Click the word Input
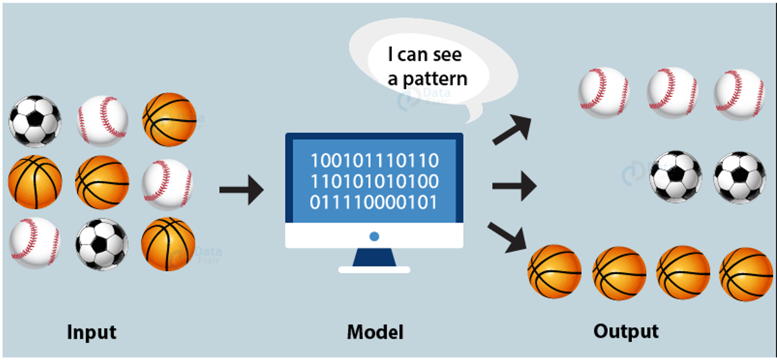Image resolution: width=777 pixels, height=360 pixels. coord(92,332)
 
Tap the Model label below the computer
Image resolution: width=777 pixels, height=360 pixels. coord(375,332)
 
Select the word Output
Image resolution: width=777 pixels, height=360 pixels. coord(625,331)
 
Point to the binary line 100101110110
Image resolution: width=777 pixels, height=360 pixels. coord(374,160)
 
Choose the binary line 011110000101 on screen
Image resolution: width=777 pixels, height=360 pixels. coord(374,203)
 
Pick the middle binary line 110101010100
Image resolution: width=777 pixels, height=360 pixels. coord(374,181)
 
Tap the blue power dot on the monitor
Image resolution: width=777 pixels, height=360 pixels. coord(374,237)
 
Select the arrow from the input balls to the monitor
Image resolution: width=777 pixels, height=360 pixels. coord(241,190)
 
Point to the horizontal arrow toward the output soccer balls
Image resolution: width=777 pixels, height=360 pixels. coord(514,187)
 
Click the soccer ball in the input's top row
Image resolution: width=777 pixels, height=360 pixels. coord(35,121)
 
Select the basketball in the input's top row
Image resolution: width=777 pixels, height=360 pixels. coord(169,119)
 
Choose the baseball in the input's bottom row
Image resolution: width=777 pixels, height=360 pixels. coord(35,243)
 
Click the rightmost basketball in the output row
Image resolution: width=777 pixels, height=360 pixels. coord(746,274)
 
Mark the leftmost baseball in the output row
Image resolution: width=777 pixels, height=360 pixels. coord(604,92)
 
